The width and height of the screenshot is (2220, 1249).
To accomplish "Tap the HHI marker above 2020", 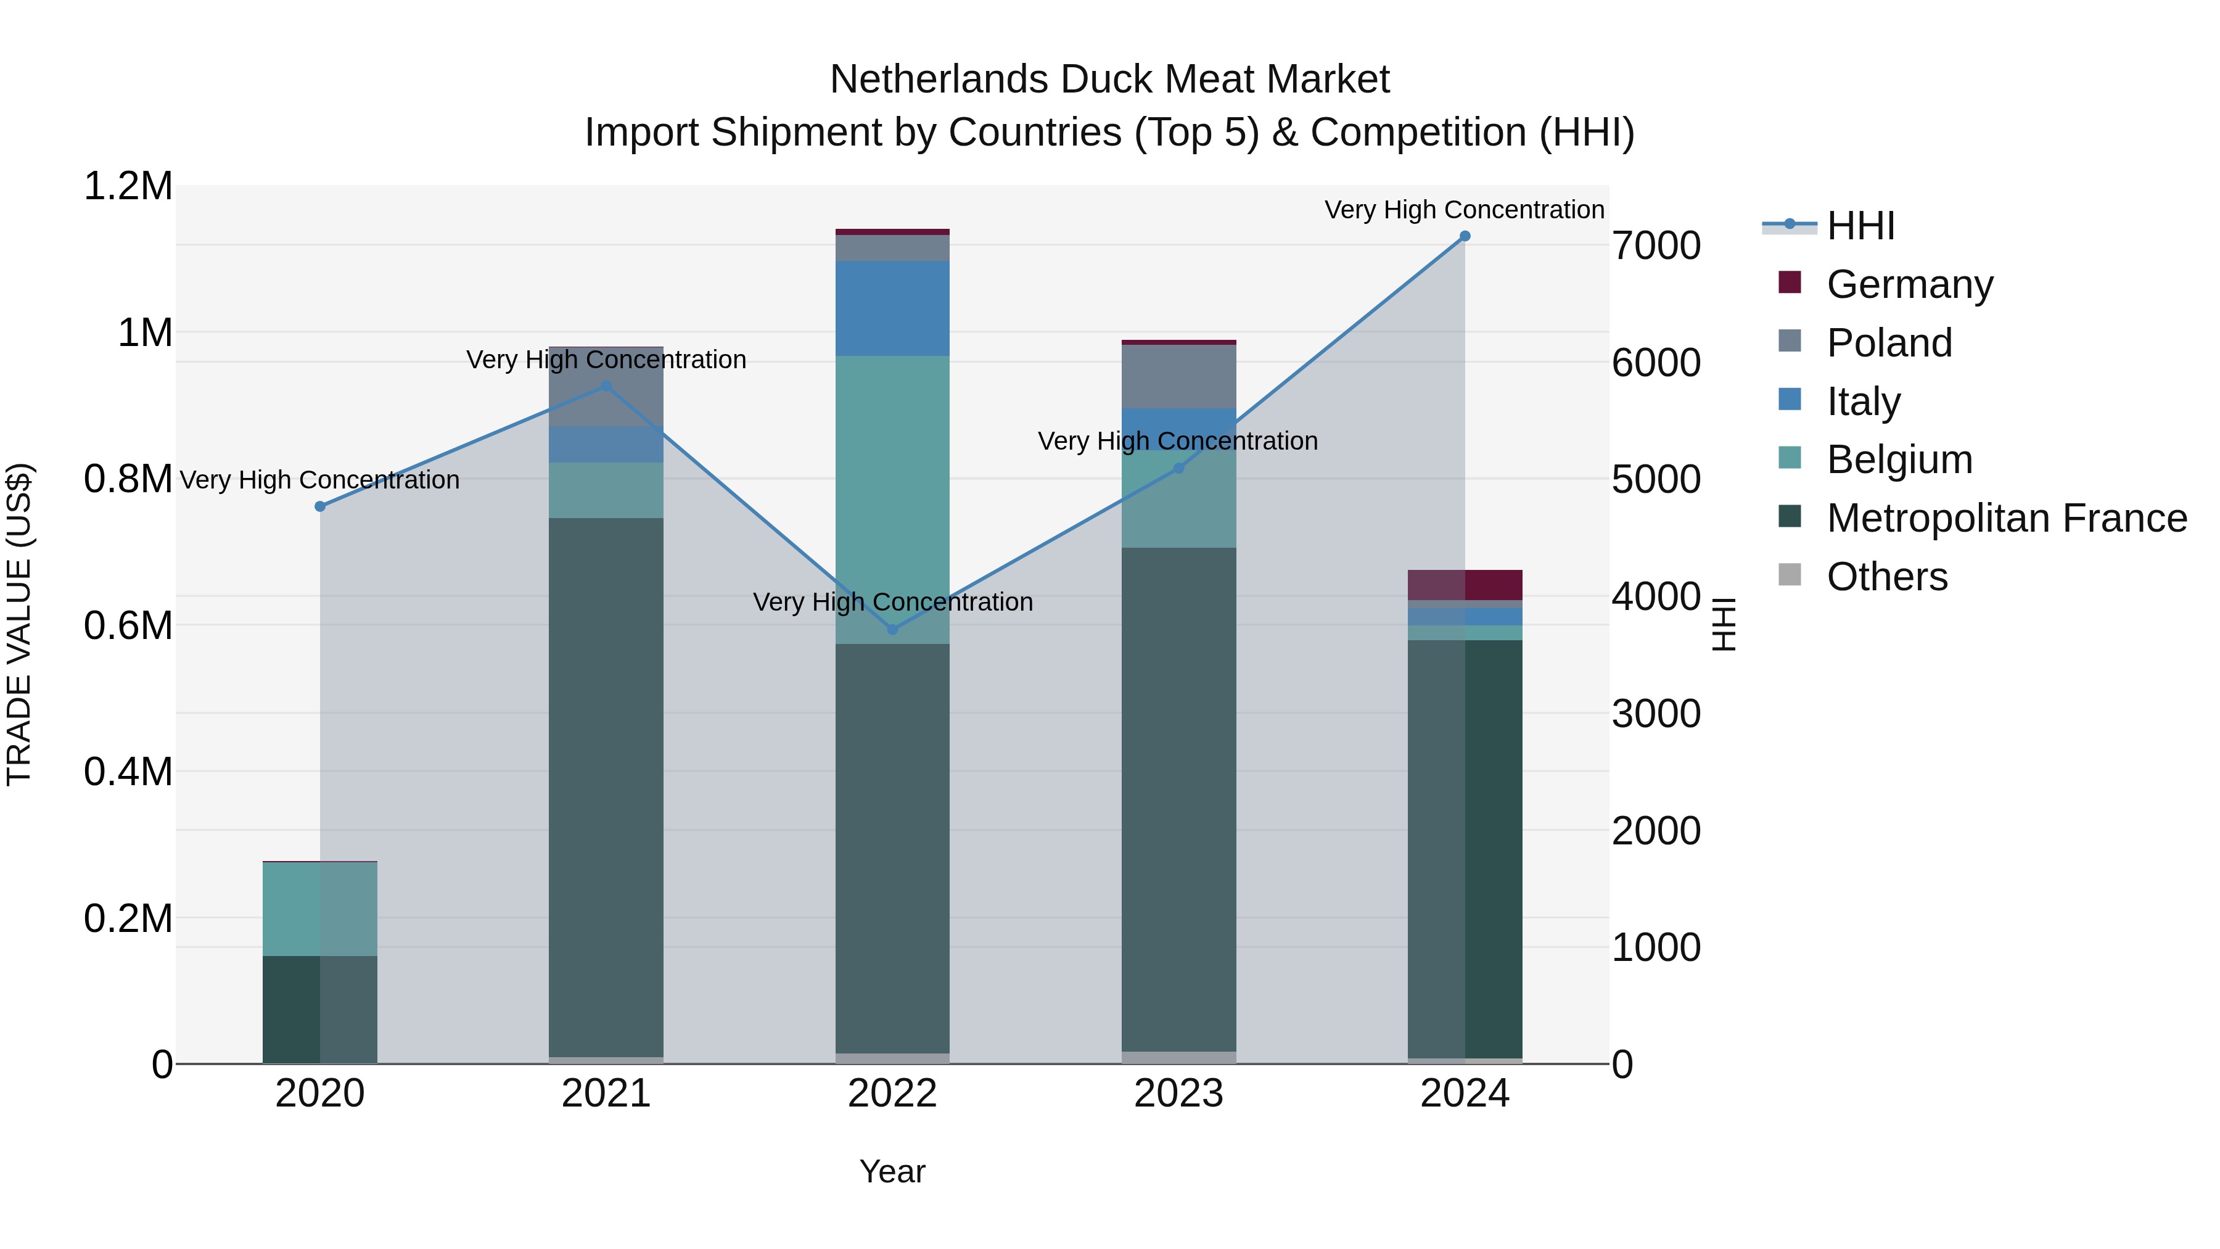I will click(319, 507).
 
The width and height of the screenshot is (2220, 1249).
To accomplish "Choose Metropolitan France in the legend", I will click(2006, 518).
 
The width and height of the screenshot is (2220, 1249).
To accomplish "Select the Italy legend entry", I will click(1863, 402).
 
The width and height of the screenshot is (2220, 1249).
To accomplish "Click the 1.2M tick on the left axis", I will click(128, 186).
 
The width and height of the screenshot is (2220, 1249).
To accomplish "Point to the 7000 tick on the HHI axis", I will click(1656, 245).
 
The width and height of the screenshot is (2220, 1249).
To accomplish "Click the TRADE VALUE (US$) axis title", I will click(20, 624).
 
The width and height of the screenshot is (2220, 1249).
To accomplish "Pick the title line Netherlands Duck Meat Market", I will click(1109, 80).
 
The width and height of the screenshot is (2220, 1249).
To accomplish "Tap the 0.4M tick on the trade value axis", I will click(128, 772).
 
